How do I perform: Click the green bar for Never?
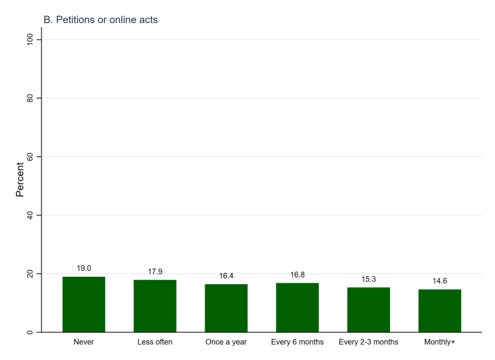point(84,305)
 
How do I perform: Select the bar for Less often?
point(155,306)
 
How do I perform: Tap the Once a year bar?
point(226,308)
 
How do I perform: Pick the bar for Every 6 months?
point(298,307)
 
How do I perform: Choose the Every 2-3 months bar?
point(368,310)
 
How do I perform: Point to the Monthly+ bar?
point(440,310)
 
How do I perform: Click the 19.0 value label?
point(84,268)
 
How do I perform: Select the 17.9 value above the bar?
point(155,271)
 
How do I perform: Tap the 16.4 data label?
point(226,276)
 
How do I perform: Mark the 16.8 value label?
point(298,275)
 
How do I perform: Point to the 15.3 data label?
point(368,279)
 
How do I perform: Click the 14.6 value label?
point(440,281)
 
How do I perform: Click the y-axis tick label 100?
point(29,40)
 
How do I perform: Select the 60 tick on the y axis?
point(29,157)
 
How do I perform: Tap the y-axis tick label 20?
point(29,273)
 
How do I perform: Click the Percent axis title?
point(20,179)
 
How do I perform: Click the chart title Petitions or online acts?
point(100,20)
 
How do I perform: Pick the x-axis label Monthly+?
point(440,342)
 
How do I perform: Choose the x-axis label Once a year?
point(226,342)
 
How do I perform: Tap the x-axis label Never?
point(84,342)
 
